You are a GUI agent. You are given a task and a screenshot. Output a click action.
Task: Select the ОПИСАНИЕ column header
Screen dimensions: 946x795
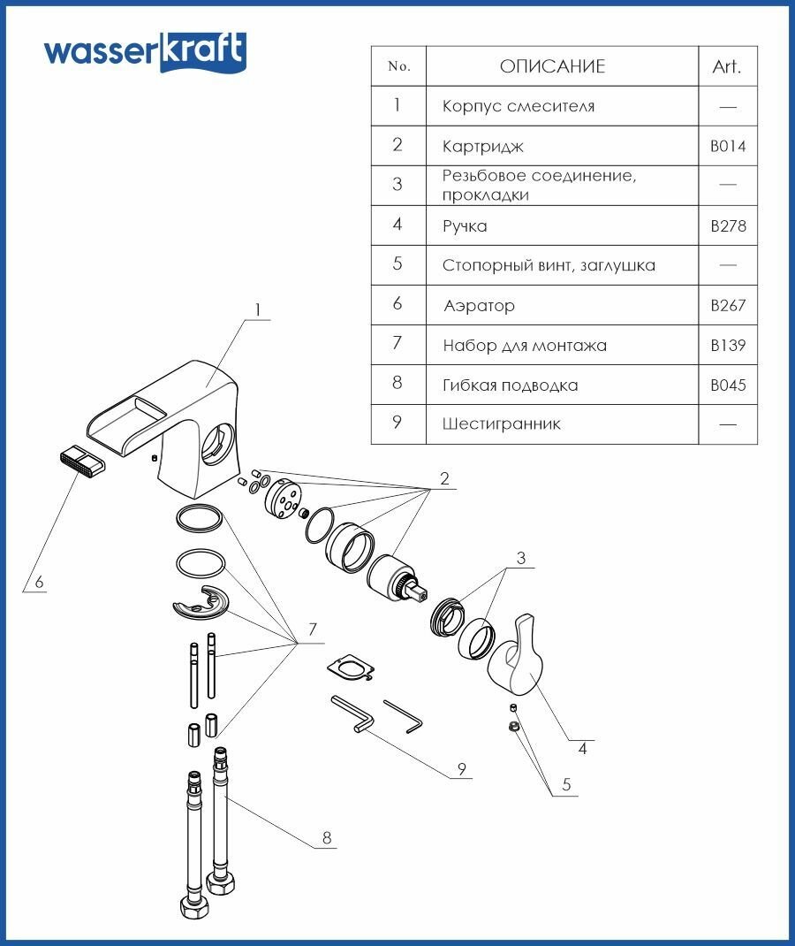pyautogui.click(x=552, y=66)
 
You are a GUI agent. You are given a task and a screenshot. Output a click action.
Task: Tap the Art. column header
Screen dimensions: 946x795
pyautogui.click(x=727, y=66)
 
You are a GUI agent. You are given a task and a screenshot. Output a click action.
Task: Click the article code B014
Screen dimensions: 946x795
pyautogui.click(x=728, y=146)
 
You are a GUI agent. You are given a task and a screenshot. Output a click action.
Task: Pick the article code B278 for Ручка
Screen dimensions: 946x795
pyautogui.click(x=728, y=226)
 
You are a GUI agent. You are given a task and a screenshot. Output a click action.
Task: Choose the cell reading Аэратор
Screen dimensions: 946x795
pyautogui.click(x=479, y=306)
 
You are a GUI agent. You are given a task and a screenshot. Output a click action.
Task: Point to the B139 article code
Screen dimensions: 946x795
pyautogui.click(x=728, y=346)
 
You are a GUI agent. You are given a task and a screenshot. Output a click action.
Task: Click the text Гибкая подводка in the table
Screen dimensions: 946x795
pyautogui.click(x=511, y=385)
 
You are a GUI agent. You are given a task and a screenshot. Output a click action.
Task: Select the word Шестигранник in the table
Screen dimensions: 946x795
pyautogui.click(x=501, y=424)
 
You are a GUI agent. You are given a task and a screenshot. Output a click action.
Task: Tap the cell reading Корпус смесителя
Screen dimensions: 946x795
pyautogui.click(x=518, y=106)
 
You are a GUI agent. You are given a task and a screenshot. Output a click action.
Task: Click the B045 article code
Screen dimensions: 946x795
pyautogui.click(x=728, y=385)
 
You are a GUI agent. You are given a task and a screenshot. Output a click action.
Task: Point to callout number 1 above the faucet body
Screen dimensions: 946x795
pyautogui.click(x=258, y=310)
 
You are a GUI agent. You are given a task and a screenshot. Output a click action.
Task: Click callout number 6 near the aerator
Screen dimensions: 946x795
pyautogui.click(x=39, y=583)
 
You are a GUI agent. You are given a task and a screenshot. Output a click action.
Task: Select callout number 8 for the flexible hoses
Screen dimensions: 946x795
pyautogui.click(x=327, y=839)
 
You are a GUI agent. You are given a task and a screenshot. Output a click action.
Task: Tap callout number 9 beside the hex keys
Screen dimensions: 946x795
pyautogui.click(x=461, y=769)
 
